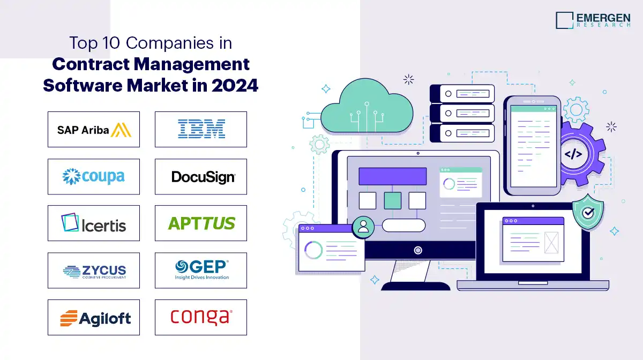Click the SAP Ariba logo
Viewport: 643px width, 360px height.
pos(94,129)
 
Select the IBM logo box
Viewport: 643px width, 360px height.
pos(201,129)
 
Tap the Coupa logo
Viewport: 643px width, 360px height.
pos(94,176)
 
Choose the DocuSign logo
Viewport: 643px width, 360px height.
pos(201,176)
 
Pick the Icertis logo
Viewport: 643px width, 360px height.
pos(94,223)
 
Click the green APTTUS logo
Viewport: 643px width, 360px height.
pos(201,223)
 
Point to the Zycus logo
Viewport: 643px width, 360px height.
pos(94,271)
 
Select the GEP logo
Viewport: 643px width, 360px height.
pos(201,269)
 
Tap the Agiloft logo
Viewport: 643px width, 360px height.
pos(94,318)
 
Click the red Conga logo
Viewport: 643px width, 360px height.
pos(201,317)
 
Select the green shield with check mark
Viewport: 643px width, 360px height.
pos(588,213)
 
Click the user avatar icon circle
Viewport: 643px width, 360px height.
pos(363,227)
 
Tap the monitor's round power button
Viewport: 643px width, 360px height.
pos(418,250)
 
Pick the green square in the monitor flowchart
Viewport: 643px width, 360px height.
pos(392,200)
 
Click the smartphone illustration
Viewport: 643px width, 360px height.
pos(532,145)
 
